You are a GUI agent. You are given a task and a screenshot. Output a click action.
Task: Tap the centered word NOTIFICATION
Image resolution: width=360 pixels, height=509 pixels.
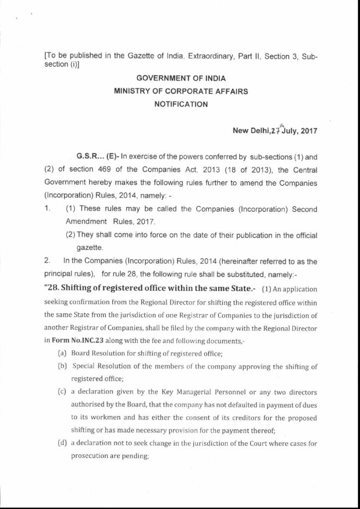pos(180,105)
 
